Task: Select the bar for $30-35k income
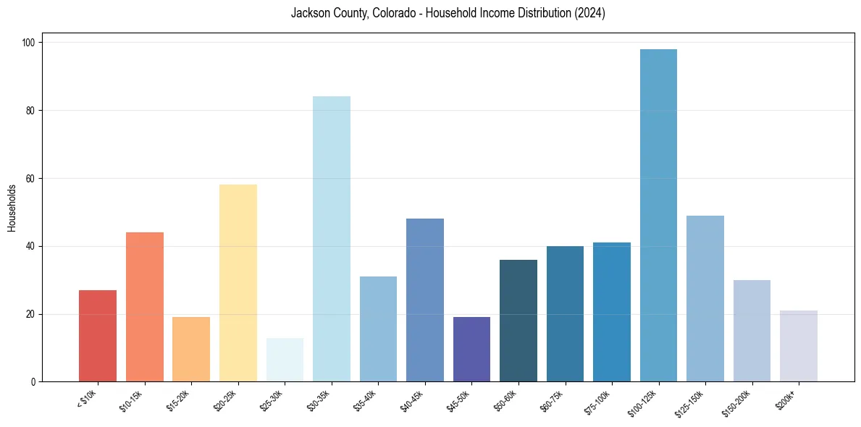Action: (331, 239)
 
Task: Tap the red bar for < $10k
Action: (98, 336)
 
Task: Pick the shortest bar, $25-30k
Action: (285, 360)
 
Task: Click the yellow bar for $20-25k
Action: (238, 283)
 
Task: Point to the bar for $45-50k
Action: (471, 350)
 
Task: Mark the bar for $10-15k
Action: (144, 307)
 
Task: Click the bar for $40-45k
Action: (425, 300)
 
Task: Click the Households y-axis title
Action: (12, 208)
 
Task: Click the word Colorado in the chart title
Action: (392, 14)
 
